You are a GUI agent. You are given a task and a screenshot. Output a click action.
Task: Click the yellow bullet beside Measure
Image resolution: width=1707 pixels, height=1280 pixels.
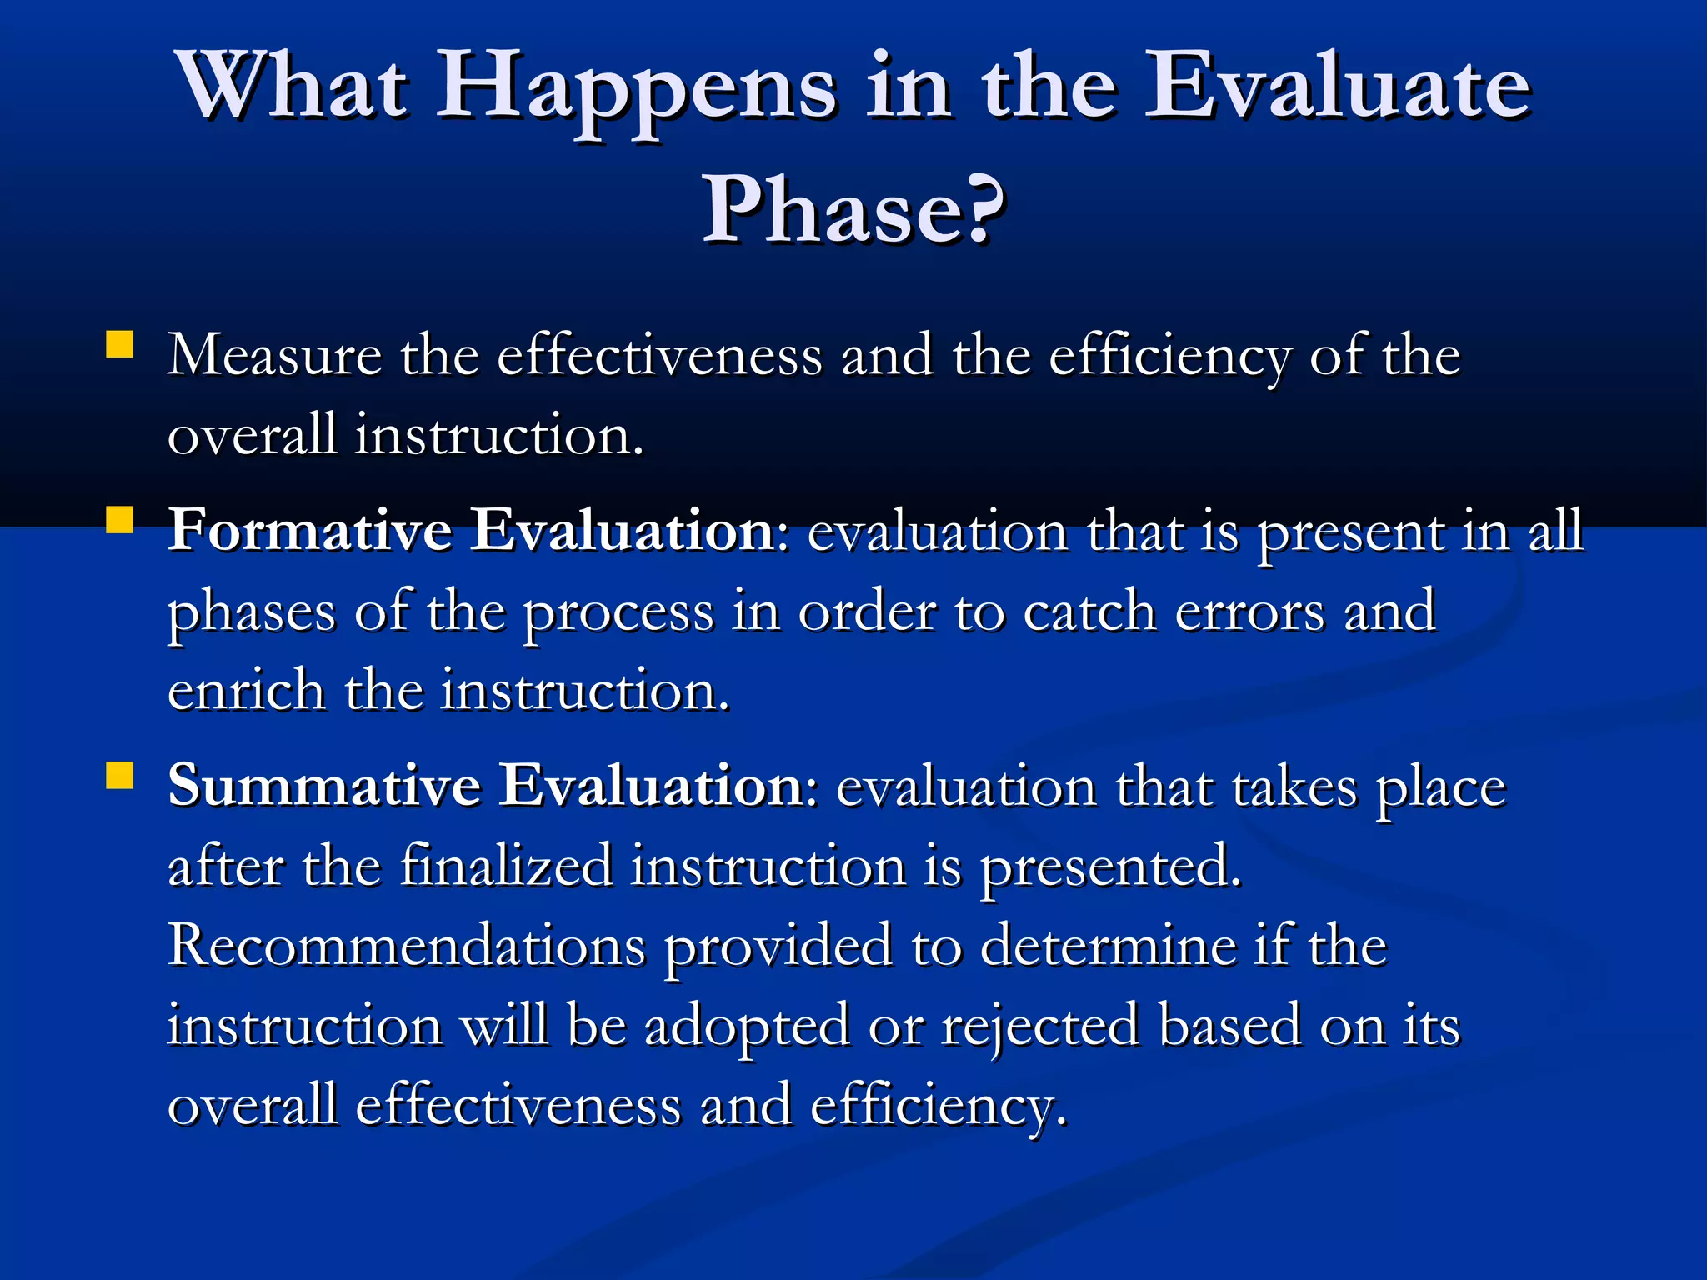click(120, 345)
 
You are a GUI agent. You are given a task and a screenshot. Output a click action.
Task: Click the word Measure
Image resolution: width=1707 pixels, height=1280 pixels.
click(274, 356)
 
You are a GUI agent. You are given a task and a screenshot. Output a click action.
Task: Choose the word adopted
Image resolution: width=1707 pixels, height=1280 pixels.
click(747, 1027)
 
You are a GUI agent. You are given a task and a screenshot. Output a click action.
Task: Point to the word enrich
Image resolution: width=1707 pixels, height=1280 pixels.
click(246, 692)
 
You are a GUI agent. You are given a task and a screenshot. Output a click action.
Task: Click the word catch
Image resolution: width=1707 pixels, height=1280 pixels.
click(1089, 612)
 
